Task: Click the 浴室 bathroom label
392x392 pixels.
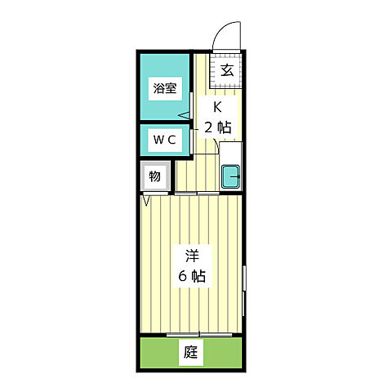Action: click(165, 89)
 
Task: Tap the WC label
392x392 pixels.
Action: click(165, 140)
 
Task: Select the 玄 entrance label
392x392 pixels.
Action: click(227, 70)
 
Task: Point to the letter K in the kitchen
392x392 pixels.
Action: click(218, 107)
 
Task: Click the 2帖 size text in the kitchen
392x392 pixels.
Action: click(218, 127)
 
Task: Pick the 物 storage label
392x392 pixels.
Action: click(154, 176)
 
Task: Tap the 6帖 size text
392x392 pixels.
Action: click(194, 276)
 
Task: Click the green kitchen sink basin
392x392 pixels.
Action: click(231, 176)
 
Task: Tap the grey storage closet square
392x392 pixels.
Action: click(154, 176)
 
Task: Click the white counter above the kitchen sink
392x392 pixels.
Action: click(231, 153)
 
